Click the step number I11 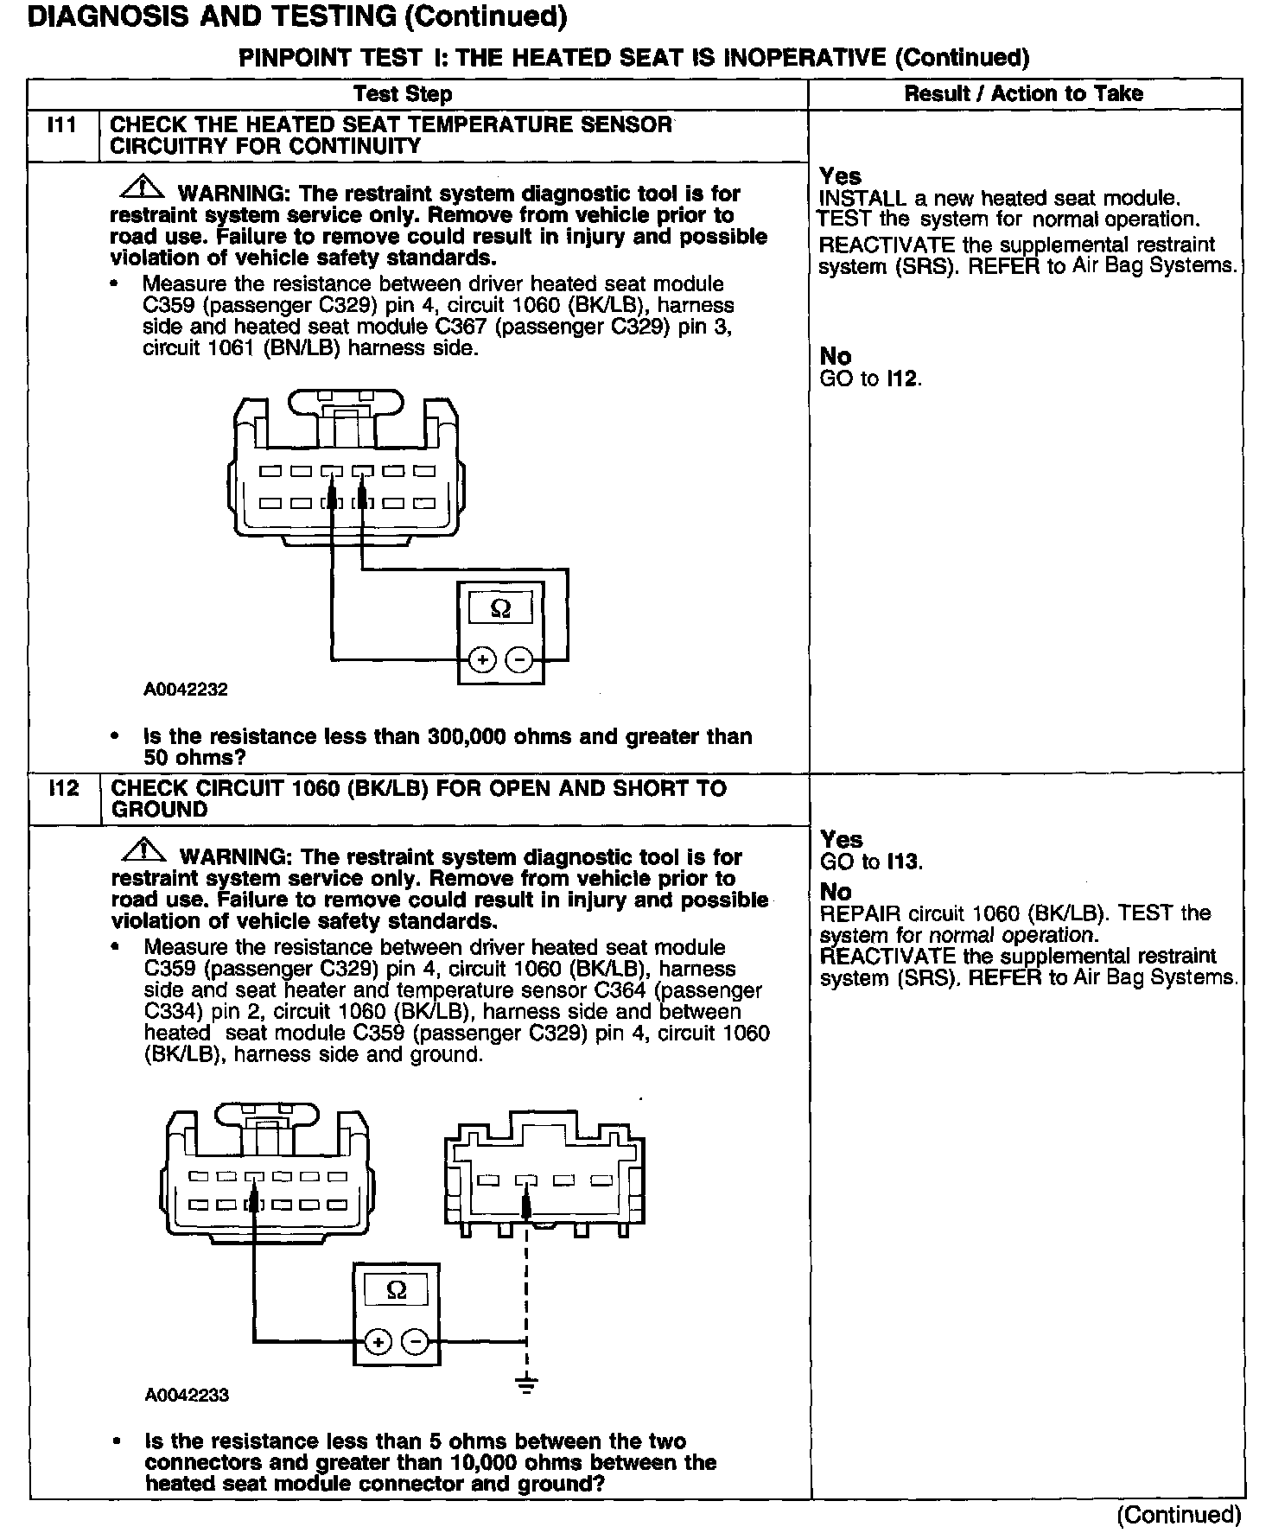point(61,125)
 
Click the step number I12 point(63,789)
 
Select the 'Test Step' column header point(403,94)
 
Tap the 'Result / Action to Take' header point(1023,93)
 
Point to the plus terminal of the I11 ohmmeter point(481,660)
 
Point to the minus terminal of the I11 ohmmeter point(518,660)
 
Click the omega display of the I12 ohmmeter point(396,1290)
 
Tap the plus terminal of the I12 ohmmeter point(378,1342)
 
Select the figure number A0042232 point(186,690)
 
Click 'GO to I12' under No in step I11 point(870,378)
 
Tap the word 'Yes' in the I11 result point(840,176)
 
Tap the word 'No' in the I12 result point(836,892)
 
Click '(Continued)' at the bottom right point(1179,1514)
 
